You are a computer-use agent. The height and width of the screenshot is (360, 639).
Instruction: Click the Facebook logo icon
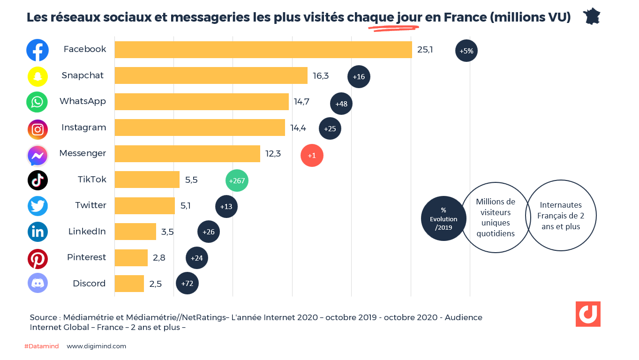38,50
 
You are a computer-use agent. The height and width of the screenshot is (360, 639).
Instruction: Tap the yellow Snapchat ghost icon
38,76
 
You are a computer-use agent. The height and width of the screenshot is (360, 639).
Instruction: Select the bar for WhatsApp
202,102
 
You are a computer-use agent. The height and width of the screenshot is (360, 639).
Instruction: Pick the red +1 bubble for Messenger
312,155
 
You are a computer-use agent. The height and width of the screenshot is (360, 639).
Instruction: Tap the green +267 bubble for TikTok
237,180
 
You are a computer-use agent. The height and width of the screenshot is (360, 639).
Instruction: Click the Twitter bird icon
38,206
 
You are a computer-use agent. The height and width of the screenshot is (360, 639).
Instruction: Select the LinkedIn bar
135,232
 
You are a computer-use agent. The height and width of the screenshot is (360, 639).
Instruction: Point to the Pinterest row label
87,257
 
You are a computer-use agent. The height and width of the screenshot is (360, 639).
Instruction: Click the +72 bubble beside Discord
187,284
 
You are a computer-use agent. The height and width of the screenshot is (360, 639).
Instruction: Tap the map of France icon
592,16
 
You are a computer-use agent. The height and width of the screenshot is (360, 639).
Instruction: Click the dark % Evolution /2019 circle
444,218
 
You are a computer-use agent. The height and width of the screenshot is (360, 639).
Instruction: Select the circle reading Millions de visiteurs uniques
496,217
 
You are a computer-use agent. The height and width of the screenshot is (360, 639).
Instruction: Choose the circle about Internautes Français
560,216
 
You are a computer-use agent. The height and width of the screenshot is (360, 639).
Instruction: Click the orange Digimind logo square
588,314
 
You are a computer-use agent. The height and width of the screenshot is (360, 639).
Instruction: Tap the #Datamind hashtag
41,346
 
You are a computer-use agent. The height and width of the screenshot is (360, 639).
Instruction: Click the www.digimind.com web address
97,346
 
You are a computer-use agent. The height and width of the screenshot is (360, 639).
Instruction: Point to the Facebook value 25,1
425,49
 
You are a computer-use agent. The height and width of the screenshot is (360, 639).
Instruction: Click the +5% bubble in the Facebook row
466,51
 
